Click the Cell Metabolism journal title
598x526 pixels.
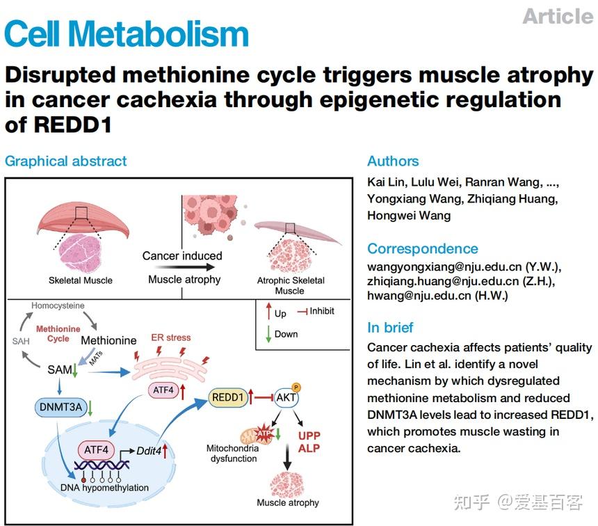pos(127,34)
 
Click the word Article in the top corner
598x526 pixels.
pos(558,16)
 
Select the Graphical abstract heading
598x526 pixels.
pos(66,161)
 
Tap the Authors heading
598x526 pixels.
pos(393,161)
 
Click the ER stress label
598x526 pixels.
pos(170,337)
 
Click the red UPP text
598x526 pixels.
pos(309,436)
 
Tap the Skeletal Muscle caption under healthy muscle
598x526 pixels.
pos(80,280)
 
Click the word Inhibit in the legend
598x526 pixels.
pos(321,311)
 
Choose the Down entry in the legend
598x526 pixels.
pos(286,334)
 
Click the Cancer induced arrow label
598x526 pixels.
pos(182,255)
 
